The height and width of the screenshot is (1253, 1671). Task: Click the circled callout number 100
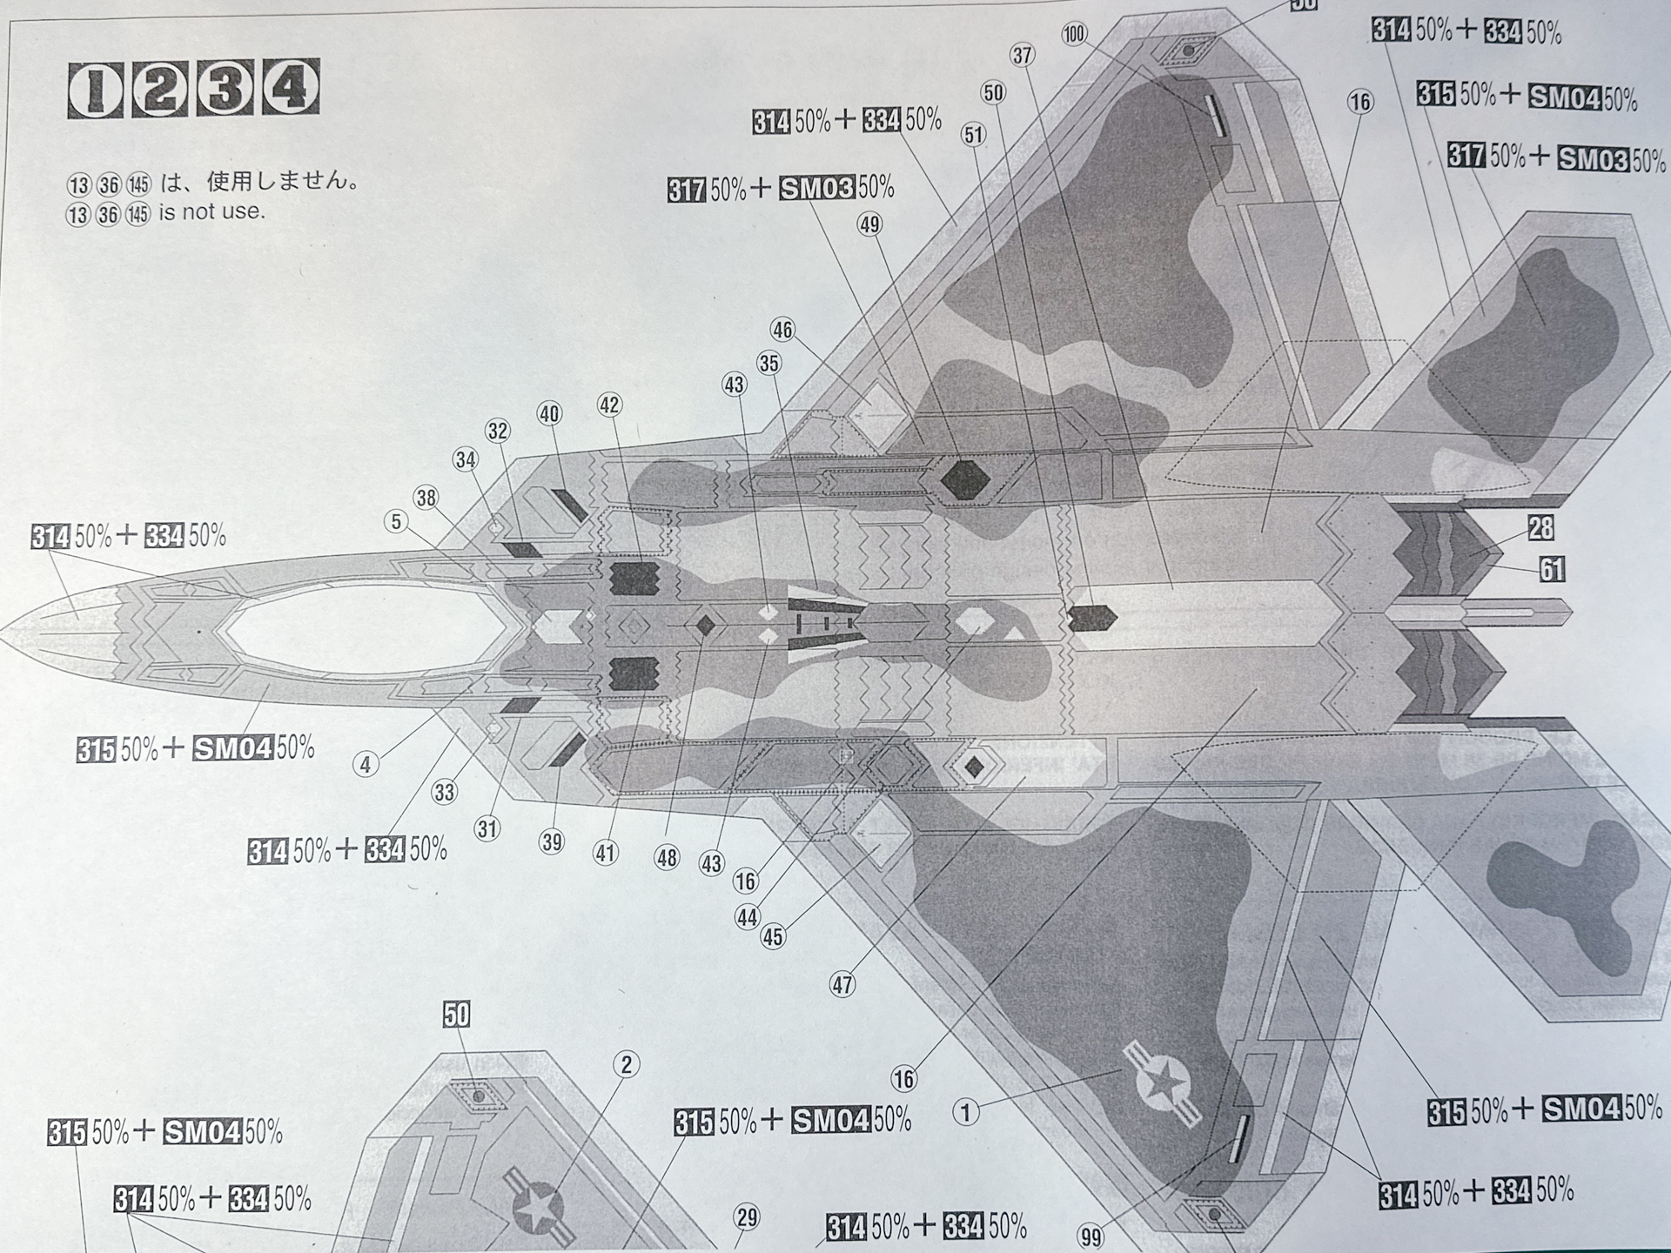[x=1075, y=34]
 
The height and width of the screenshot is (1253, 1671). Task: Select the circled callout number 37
[x=1022, y=56]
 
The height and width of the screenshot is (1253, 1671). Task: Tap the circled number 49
[x=869, y=224]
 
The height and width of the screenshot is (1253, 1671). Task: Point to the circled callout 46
[x=782, y=330]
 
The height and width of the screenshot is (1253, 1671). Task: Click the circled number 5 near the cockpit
[x=396, y=521]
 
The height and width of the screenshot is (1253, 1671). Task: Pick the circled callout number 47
[x=842, y=985]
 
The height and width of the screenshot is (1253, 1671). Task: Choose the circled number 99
[x=1090, y=1236]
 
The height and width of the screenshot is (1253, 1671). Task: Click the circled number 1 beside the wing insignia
[x=965, y=1112]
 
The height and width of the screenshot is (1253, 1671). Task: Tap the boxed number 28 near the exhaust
[x=1540, y=527]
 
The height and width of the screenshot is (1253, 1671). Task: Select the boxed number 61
[x=1552, y=569]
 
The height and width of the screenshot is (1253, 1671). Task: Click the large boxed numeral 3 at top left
[x=225, y=88]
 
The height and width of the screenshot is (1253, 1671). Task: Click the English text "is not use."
[x=211, y=211]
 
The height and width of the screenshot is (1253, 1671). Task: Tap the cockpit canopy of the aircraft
[x=366, y=628]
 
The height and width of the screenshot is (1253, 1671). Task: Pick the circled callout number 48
[x=666, y=858]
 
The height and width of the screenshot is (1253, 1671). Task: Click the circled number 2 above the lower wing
[x=626, y=1064]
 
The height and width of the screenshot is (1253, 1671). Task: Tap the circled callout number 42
[x=609, y=405]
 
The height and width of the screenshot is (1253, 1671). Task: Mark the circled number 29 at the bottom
[x=747, y=1217]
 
